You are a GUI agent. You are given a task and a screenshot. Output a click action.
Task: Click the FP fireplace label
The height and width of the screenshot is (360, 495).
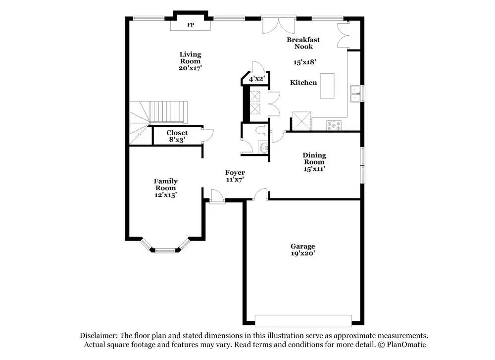click(191, 25)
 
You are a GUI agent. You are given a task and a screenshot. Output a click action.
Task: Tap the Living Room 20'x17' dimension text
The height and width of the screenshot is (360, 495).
click(190, 68)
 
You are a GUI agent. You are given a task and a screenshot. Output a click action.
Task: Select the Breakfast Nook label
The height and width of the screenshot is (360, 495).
click(303, 43)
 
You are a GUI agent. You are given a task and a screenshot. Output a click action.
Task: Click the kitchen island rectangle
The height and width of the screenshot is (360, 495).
click(326, 86)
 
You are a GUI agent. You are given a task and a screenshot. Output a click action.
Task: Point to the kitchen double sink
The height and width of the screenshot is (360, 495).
click(355, 94)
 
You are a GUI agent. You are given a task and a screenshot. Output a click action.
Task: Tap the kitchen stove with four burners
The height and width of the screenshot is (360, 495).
click(335, 125)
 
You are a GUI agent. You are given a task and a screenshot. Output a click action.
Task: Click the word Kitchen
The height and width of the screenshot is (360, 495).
click(303, 83)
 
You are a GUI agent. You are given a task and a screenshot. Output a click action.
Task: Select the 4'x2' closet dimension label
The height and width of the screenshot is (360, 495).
click(256, 79)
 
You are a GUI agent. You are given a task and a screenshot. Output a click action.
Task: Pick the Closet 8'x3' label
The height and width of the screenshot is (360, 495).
click(177, 136)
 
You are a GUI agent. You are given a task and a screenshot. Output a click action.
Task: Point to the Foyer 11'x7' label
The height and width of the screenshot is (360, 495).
click(235, 176)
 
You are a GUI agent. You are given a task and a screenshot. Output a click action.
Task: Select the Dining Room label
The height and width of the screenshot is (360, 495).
click(314, 158)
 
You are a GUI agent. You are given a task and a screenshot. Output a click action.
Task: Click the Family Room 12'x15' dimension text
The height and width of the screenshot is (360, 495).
click(165, 195)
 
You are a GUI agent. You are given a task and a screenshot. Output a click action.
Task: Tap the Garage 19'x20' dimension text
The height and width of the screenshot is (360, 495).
click(302, 254)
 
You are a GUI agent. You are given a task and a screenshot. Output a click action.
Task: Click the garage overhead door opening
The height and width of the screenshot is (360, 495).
click(303, 320)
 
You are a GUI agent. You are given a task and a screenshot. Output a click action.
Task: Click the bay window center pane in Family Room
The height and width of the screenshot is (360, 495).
click(165, 250)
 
